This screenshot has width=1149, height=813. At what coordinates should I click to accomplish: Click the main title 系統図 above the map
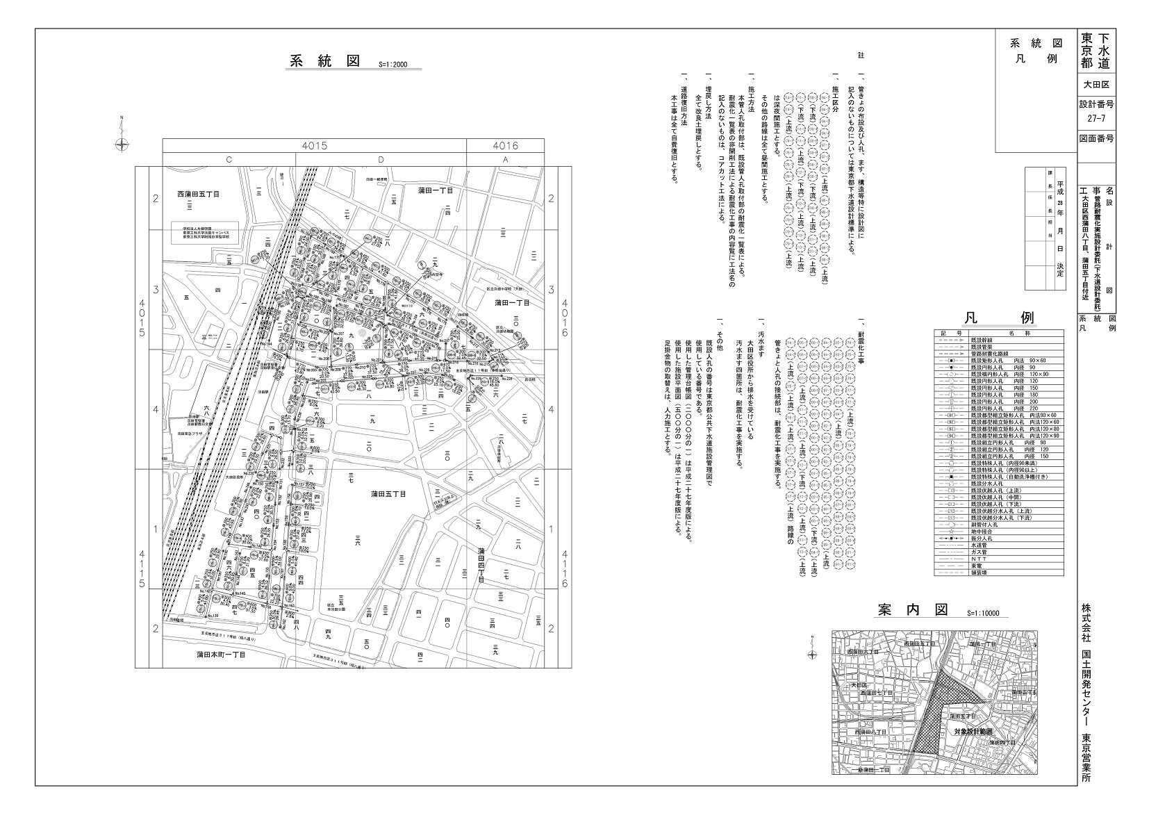click(x=324, y=60)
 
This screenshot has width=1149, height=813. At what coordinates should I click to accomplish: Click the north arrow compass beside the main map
click(x=122, y=144)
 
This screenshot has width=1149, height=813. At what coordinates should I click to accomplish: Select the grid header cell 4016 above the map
click(x=505, y=146)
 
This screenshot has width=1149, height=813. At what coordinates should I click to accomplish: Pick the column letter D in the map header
click(x=381, y=160)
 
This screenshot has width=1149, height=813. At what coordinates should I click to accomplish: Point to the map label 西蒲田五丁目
click(x=199, y=195)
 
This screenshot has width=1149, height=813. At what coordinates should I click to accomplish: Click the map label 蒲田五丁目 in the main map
click(x=388, y=493)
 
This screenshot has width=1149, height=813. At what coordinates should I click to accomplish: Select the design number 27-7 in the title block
click(x=1097, y=118)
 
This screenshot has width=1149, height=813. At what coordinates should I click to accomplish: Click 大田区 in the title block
click(x=1097, y=85)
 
